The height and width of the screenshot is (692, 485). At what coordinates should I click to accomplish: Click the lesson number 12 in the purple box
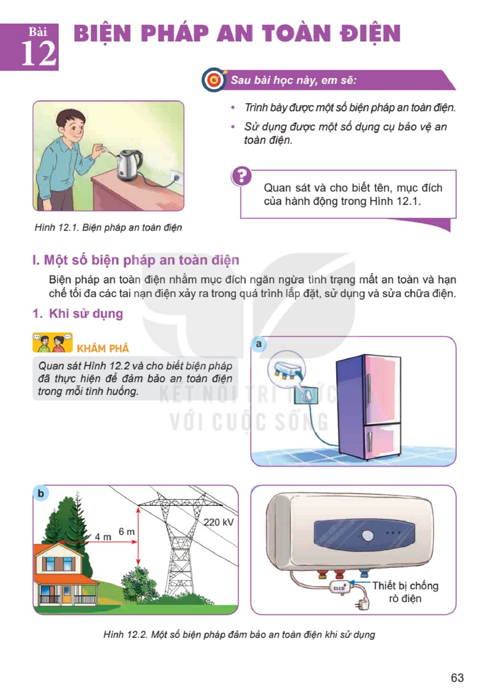(x=39, y=53)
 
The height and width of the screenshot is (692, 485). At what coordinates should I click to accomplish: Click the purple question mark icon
(x=241, y=176)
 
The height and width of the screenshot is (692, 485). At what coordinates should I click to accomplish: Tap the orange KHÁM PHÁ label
(x=103, y=348)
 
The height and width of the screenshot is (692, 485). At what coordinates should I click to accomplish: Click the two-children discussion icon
(x=53, y=342)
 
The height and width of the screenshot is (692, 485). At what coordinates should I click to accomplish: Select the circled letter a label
(x=259, y=344)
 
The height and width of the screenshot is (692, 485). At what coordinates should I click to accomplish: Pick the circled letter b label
(x=40, y=493)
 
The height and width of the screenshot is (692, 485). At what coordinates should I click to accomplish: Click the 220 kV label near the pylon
(x=218, y=522)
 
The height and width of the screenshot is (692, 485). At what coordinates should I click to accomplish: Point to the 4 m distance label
(x=103, y=537)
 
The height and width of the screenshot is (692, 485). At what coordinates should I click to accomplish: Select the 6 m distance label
(x=126, y=532)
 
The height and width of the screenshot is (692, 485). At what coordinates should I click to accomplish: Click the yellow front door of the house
(x=67, y=594)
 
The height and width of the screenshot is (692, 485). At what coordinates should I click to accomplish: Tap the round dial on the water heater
(x=367, y=536)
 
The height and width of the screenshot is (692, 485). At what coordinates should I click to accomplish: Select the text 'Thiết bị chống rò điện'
(x=405, y=592)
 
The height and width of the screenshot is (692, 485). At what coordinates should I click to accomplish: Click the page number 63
(x=457, y=677)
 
